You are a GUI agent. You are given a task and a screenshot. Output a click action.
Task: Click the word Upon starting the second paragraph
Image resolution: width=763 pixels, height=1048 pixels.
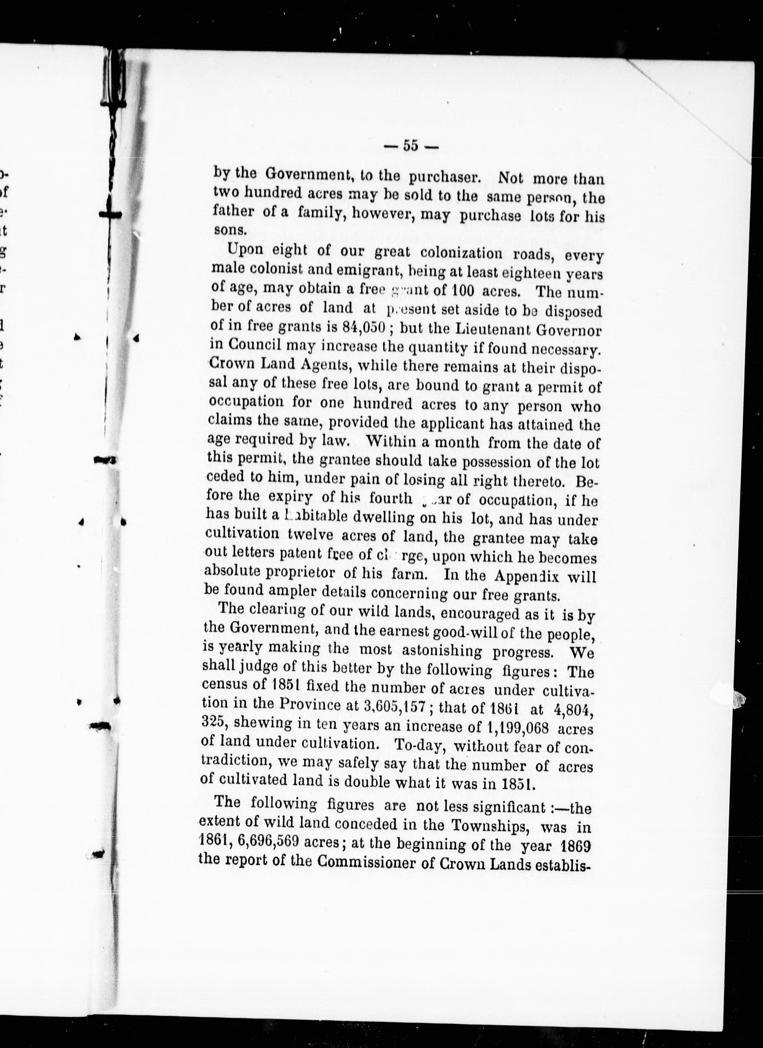click(245, 249)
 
